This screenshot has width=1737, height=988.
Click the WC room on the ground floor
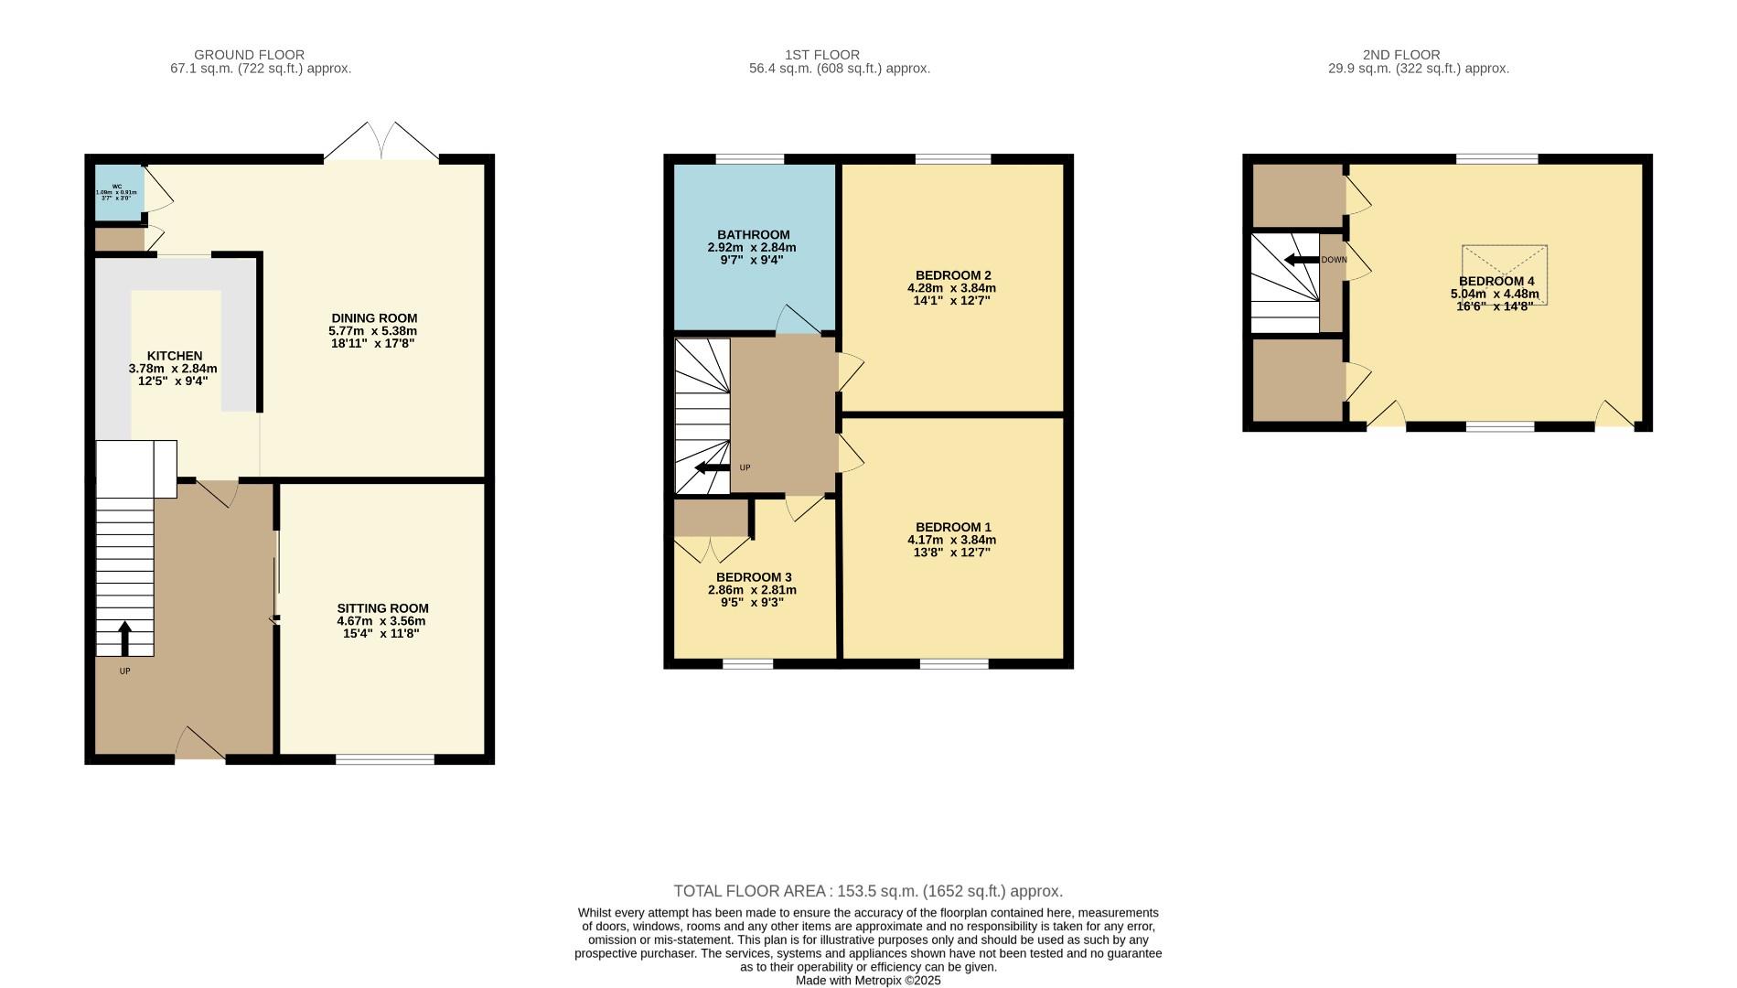tap(119, 192)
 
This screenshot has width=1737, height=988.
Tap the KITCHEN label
tap(175, 356)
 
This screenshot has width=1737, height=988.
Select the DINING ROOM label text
tap(374, 318)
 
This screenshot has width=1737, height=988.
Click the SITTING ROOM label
tap(382, 608)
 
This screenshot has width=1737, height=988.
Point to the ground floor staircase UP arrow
tap(124, 638)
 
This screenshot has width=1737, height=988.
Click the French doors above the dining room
tap(381, 143)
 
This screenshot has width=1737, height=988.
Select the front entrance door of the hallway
tap(200, 746)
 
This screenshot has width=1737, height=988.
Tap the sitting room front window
tap(385, 758)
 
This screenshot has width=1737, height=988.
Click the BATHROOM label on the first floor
tap(753, 235)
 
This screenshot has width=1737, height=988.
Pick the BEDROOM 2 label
tap(953, 275)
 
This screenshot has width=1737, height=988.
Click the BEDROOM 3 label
tap(754, 577)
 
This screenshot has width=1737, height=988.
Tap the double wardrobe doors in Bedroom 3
tap(712, 550)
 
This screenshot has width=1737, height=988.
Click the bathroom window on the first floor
tap(749, 159)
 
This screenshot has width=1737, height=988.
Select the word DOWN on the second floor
tap(1334, 260)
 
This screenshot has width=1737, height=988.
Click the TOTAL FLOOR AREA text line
tap(867, 891)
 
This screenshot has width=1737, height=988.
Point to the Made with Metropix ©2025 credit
tap(867, 981)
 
